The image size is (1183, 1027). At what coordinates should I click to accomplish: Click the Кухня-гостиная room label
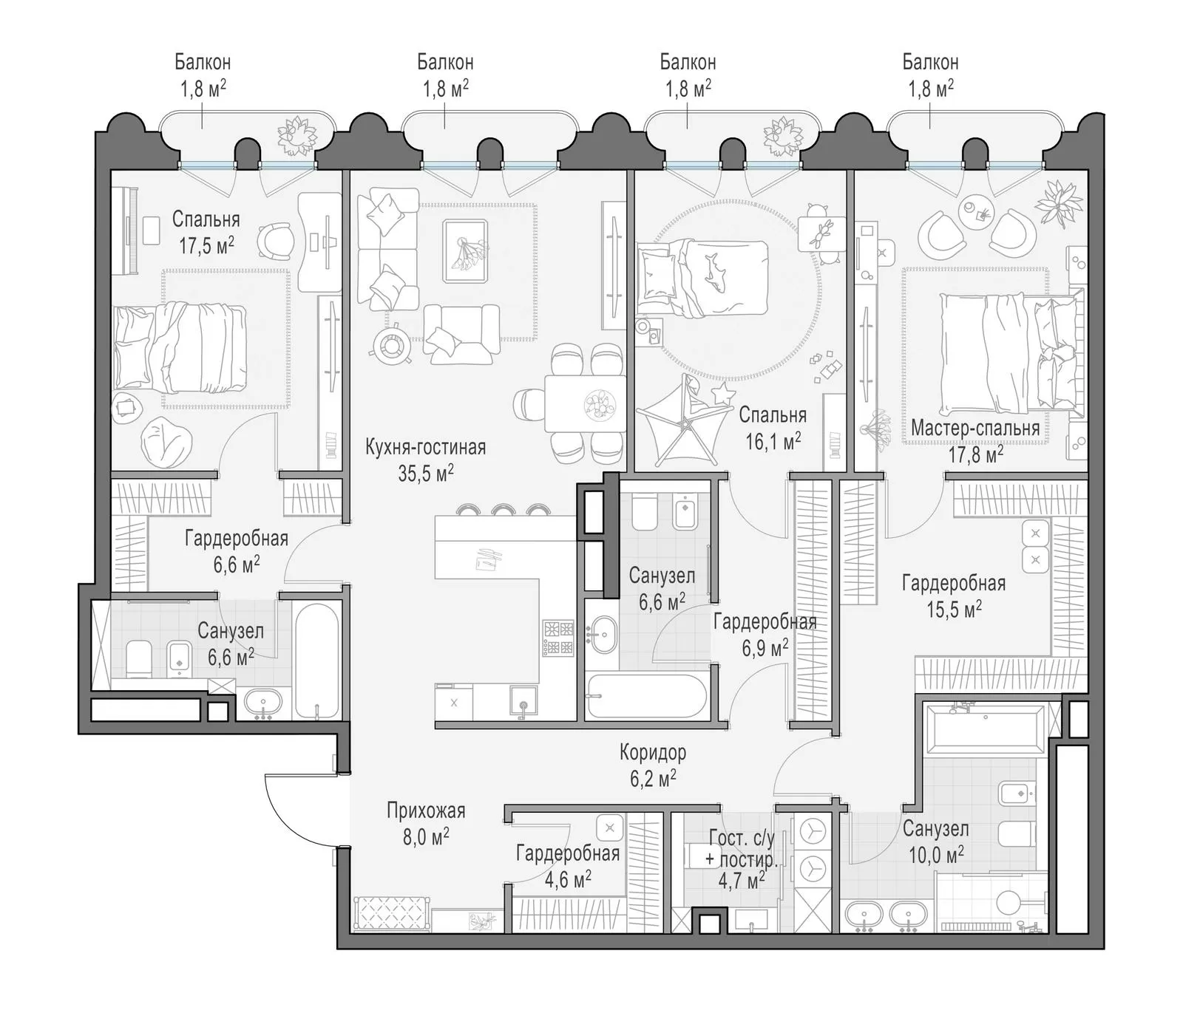click(x=425, y=447)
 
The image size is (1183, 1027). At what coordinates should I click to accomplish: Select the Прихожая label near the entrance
click(x=426, y=811)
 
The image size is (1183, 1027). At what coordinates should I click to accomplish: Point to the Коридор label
click(x=653, y=753)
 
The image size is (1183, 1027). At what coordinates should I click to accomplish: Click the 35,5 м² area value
click(x=426, y=473)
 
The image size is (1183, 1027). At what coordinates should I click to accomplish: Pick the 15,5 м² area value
click(x=954, y=609)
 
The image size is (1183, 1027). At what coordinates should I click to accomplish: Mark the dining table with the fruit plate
click(x=586, y=403)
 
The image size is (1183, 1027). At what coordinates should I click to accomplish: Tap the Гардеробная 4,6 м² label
click(x=567, y=866)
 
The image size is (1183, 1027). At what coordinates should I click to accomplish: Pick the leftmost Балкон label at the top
click(x=203, y=62)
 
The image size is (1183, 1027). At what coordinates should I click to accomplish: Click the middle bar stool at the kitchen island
click(x=503, y=510)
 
